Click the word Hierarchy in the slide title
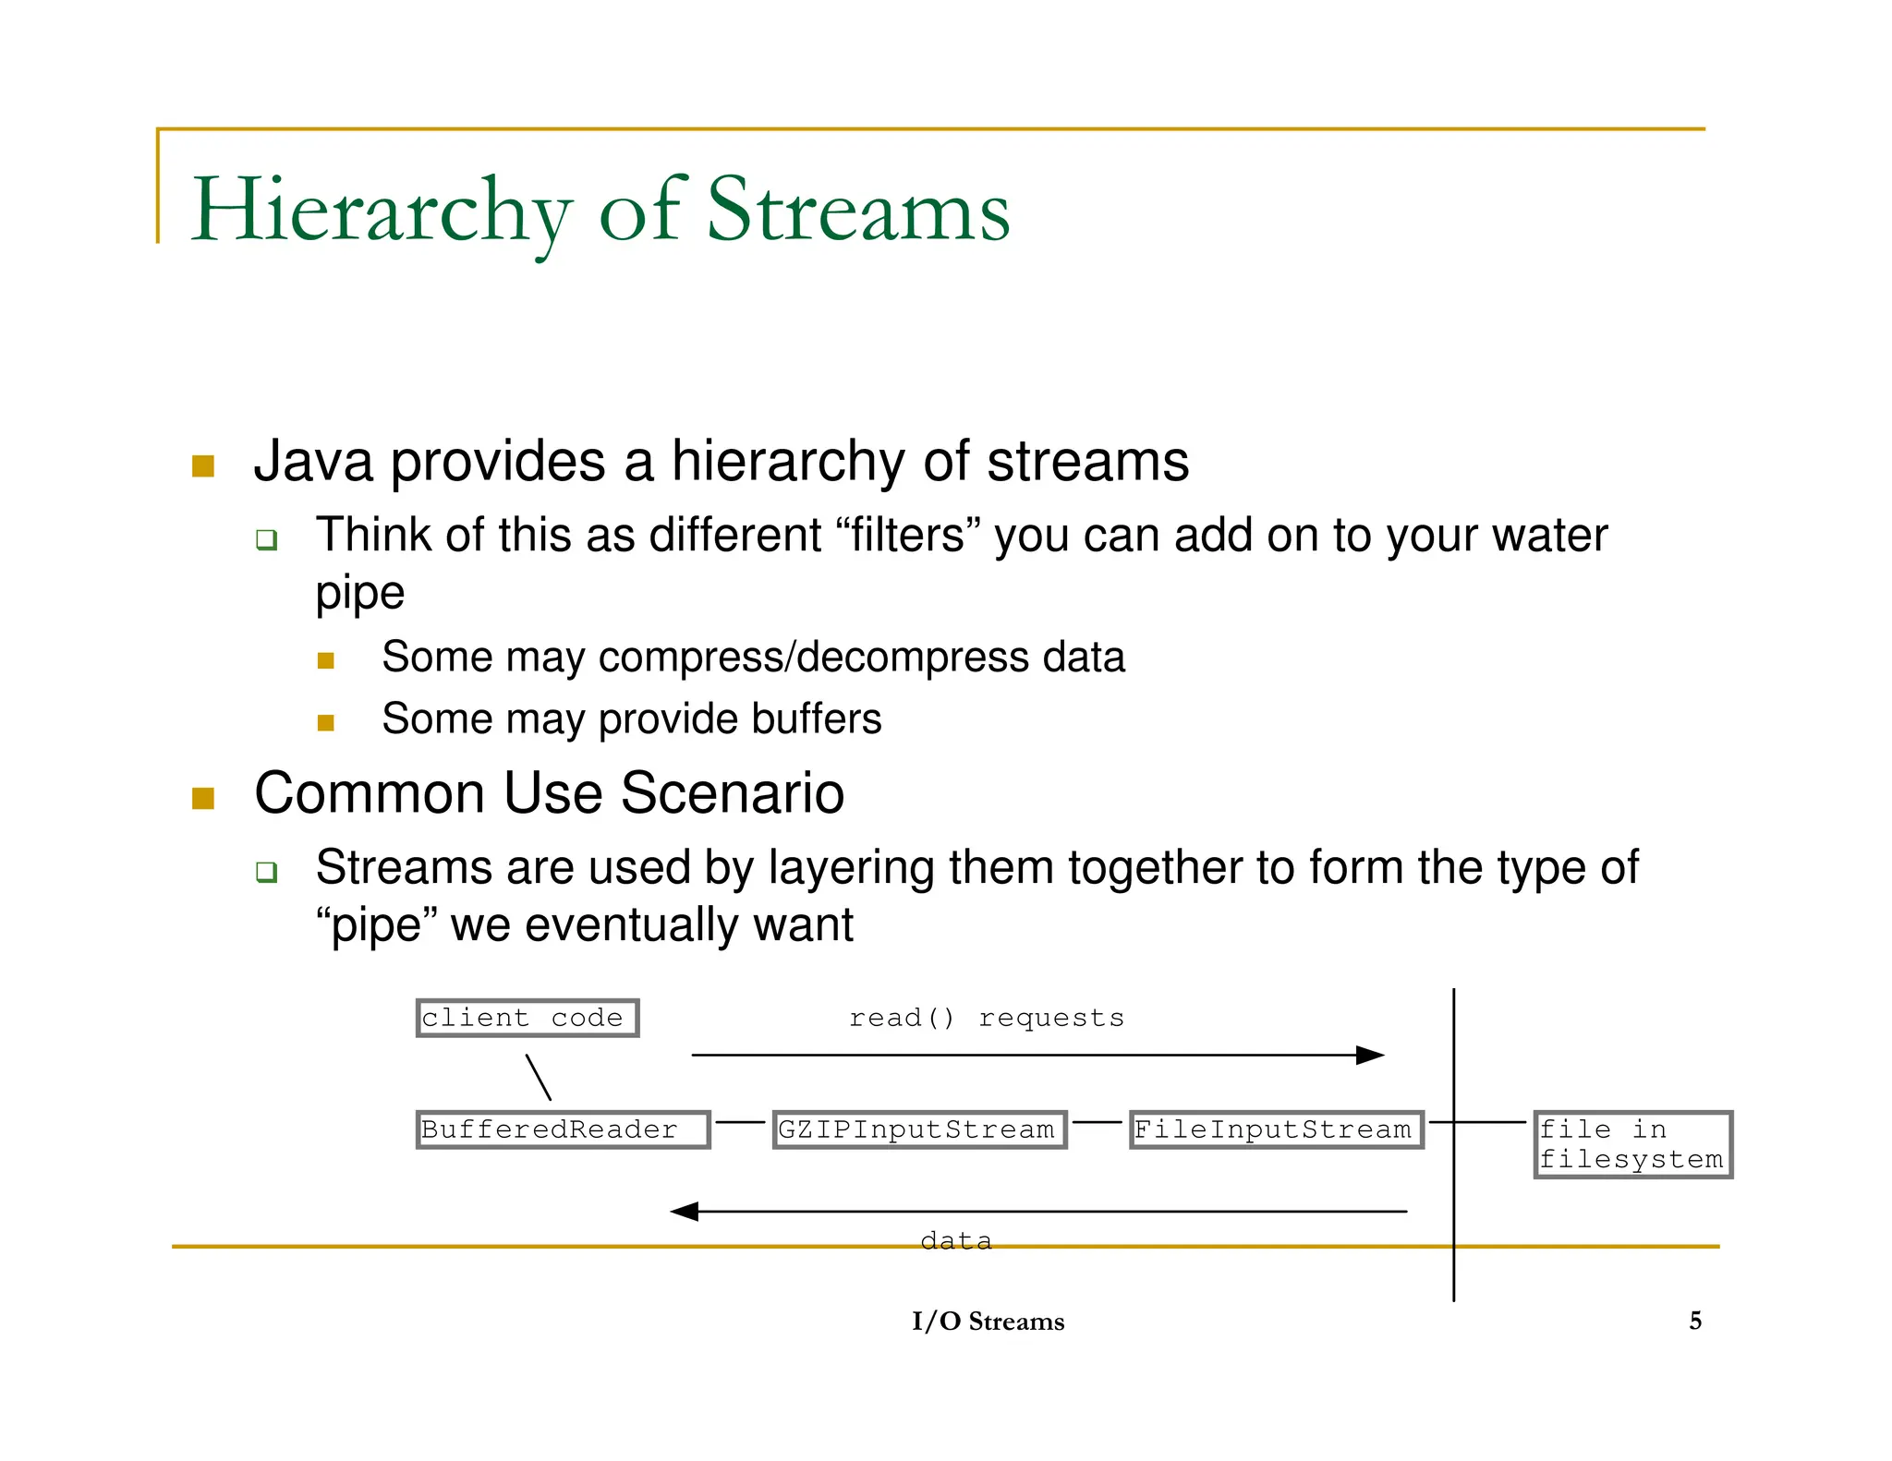[x=381, y=212]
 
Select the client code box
[x=527, y=1018]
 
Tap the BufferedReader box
[x=563, y=1129]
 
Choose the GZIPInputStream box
[x=919, y=1129]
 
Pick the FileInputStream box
[x=1276, y=1129]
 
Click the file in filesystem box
[x=1632, y=1144]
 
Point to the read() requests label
[x=987, y=1018]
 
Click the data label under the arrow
[x=956, y=1240]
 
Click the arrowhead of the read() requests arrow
[x=1371, y=1055]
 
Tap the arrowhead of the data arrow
[x=684, y=1211]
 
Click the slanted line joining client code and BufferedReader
[x=539, y=1077]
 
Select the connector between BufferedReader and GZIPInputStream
[x=740, y=1122]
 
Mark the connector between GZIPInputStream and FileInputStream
[x=1098, y=1122]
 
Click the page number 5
[x=1695, y=1321]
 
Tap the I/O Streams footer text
[x=988, y=1322]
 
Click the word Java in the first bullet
[x=313, y=461]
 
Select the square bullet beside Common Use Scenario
[x=203, y=798]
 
